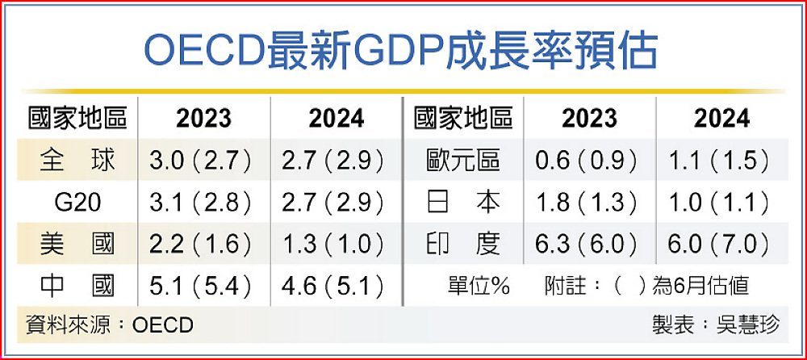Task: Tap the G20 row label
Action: click(77, 202)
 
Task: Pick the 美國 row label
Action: click(77, 244)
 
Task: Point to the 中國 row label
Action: click(77, 285)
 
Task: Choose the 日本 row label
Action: click(463, 202)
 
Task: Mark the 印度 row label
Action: click(463, 244)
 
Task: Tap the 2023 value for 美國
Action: click(202, 244)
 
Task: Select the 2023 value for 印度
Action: click(587, 244)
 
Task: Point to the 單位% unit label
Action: click(479, 286)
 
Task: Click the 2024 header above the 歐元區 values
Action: click(721, 119)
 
